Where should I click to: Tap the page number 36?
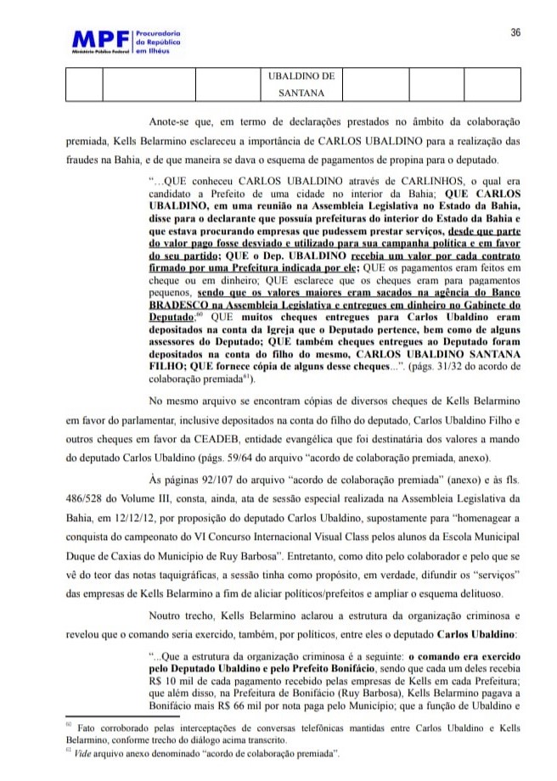tap(515, 32)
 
